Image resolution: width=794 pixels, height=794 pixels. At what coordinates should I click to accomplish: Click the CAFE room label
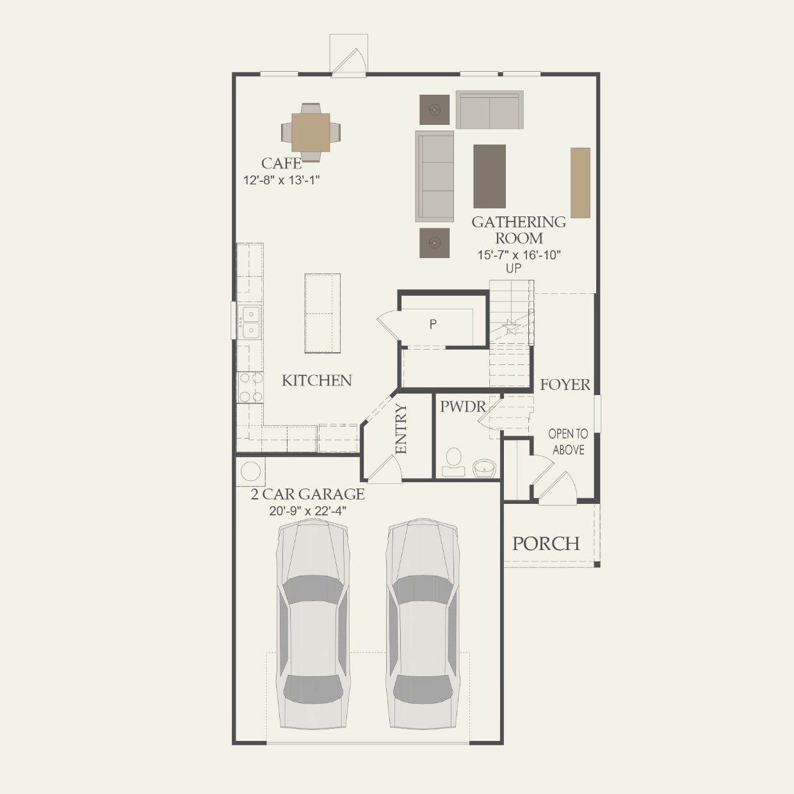(281, 164)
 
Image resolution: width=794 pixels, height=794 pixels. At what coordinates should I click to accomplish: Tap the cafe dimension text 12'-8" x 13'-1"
(281, 181)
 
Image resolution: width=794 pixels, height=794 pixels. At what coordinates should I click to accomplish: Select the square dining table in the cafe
(311, 133)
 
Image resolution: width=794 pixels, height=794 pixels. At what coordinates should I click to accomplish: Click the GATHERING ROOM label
(519, 230)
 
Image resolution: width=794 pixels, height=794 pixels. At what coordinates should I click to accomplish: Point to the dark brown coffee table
(489, 176)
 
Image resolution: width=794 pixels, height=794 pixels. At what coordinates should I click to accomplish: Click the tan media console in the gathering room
(580, 182)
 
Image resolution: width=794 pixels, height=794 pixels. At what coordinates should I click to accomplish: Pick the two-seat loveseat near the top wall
(489, 110)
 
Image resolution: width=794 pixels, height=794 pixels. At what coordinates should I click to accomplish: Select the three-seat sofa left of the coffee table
(435, 175)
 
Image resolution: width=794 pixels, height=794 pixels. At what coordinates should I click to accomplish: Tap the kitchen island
(322, 313)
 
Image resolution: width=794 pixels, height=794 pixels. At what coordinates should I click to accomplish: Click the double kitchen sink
(250, 322)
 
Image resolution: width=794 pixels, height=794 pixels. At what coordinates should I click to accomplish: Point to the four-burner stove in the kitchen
(250, 387)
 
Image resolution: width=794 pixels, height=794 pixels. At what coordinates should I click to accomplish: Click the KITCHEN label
(317, 380)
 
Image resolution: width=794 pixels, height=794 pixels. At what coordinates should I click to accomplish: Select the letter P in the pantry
(433, 325)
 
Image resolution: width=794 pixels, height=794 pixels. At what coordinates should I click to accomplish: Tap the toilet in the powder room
(454, 462)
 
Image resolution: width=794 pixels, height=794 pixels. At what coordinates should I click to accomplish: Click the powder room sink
(484, 468)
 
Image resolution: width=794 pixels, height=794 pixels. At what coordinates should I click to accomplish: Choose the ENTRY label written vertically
(401, 428)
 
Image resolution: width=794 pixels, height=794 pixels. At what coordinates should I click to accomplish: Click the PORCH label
(546, 544)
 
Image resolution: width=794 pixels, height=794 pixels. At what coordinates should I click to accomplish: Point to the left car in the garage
(313, 624)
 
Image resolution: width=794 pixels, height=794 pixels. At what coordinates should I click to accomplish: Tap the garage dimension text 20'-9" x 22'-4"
(308, 511)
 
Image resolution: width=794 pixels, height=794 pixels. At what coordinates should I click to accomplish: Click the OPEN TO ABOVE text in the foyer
(568, 442)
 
